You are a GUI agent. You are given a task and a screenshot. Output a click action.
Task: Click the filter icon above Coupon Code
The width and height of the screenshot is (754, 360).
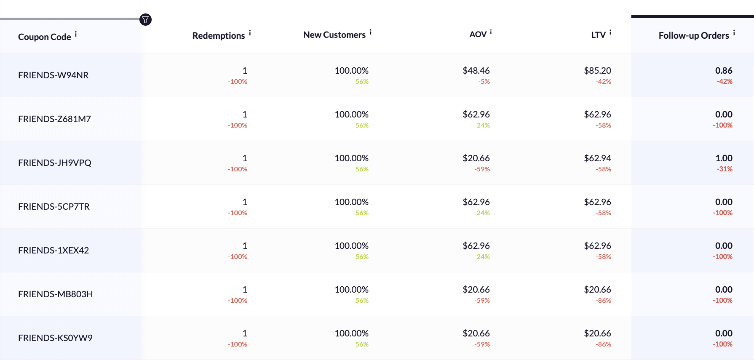point(145,20)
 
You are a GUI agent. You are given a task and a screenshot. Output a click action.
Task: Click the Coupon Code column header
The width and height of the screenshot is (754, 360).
point(45,37)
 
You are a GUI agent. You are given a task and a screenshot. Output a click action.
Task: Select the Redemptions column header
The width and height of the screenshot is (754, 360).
point(219,36)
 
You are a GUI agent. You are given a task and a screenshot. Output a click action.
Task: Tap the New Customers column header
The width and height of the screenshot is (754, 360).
point(334,35)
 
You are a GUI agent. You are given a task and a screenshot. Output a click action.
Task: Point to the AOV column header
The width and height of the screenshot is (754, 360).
point(478,35)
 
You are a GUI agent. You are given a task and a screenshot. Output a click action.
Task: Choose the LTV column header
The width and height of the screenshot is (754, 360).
point(598,35)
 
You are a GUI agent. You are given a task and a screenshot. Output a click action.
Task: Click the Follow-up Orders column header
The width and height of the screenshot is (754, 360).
point(694,36)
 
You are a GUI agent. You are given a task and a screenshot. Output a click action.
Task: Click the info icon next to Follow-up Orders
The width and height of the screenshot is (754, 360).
point(734,32)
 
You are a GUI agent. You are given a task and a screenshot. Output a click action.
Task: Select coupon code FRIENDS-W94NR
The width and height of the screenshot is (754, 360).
point(53,75)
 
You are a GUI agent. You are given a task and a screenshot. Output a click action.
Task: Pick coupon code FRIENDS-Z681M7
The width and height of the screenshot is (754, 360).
point(54,119)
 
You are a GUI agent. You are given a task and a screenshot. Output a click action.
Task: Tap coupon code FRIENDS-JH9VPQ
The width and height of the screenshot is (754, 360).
point(55,163)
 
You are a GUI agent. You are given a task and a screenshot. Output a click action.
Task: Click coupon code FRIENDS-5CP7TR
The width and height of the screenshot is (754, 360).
point(54,207)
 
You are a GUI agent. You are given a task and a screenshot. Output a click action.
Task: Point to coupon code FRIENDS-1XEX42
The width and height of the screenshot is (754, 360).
point(53,251)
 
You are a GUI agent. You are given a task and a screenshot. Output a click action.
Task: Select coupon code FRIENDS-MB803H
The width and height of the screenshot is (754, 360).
point(55,294)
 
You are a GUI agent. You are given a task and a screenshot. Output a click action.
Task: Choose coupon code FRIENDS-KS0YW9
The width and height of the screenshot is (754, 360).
point(55,338)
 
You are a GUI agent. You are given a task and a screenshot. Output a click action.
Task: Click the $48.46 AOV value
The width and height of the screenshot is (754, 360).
point(476,71)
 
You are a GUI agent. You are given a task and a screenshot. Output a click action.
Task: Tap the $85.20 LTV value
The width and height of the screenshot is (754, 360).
point(597,71)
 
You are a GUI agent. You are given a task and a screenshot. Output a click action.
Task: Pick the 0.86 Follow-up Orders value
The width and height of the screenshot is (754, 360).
point(724,71)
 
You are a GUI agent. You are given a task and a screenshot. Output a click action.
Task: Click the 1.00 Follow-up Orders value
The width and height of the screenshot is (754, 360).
point(724,158)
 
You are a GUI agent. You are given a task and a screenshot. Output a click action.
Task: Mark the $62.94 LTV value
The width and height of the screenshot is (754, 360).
point(597,158)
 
